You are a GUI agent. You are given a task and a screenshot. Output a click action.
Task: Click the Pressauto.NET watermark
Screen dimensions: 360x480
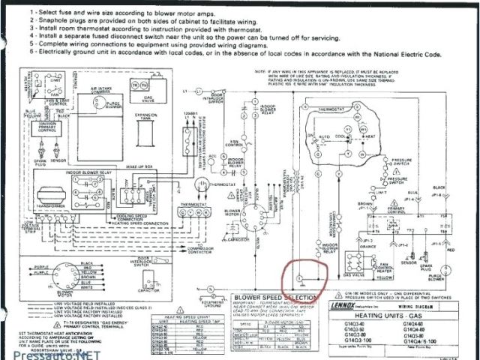click(x=49, y=352)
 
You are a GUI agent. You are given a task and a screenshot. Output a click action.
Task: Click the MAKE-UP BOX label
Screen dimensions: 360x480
click(x=144, y=166)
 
